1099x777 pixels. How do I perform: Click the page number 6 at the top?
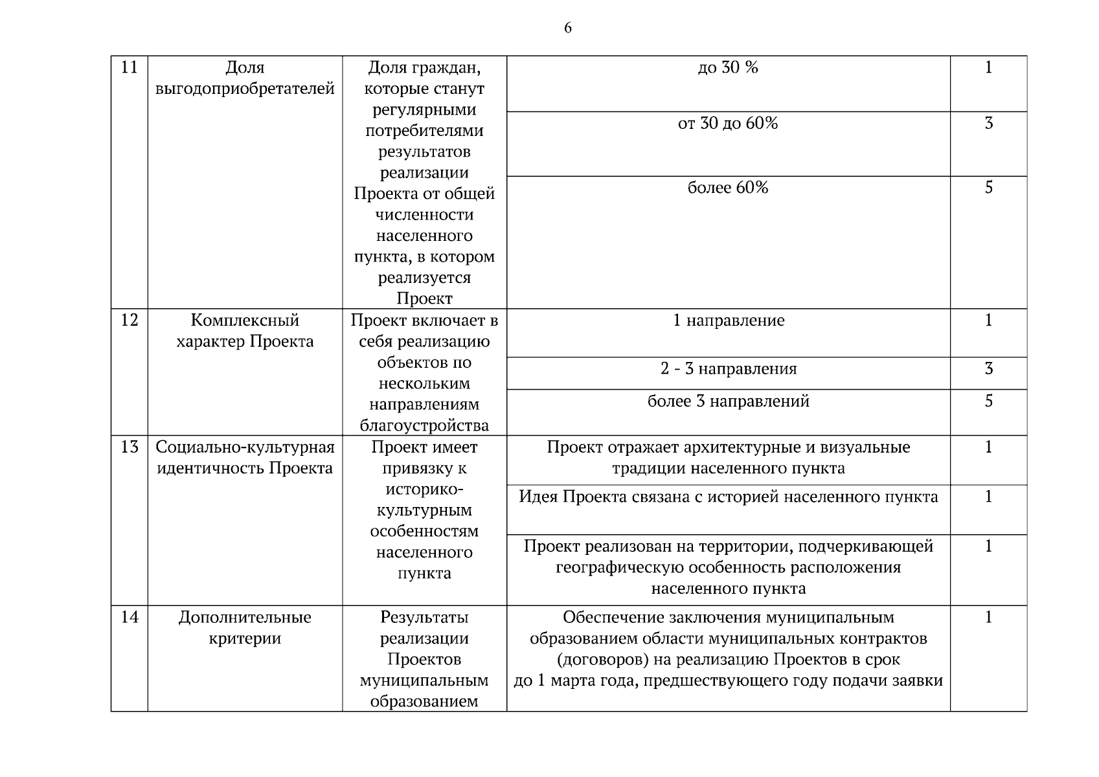point(567,28)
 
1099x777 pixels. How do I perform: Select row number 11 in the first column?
point(130,67)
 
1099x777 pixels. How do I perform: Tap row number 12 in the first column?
point(130,320)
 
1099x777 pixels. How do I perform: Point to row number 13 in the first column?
point(130,447)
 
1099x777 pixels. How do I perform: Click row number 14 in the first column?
point(130,617)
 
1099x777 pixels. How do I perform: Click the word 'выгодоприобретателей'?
point(245,89)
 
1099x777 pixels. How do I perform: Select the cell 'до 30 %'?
point(728,67)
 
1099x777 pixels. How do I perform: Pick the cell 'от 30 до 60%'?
point(728,123)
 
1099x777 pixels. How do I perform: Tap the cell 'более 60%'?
point(728,188)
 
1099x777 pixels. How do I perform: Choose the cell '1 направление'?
point(729,321)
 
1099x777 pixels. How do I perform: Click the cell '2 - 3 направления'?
point(729,369)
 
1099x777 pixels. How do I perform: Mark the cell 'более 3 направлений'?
point(729,401)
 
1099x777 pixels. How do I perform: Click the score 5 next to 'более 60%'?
point(988,188)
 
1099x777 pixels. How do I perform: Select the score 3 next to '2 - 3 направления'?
point(988,369)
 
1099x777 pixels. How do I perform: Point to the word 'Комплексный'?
point(245,321)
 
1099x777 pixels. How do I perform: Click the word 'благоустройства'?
point(424,425)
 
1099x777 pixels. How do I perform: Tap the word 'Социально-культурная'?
point(245,447)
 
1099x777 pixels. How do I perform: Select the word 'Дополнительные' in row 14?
point(245,618)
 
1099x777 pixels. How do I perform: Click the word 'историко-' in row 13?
point(424,489)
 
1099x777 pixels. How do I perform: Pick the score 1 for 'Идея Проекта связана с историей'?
point(988,497)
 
